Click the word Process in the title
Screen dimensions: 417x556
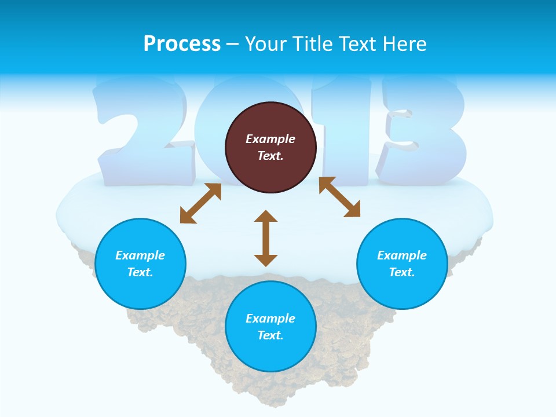tap(182, 44)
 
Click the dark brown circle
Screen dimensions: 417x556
tap(270, 147)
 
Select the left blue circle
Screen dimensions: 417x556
tap(140, 264)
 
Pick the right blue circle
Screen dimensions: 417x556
tap(402, 264)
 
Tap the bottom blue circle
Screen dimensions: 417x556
tap(270, 326)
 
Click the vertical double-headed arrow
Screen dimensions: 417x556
tap(266, 238)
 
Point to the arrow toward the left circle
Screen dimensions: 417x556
tap(200, 203)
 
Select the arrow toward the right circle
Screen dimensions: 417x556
tap(339, 197)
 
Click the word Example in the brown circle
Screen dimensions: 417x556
tap(270, 139)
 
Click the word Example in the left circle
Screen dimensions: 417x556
tap(140, 255)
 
